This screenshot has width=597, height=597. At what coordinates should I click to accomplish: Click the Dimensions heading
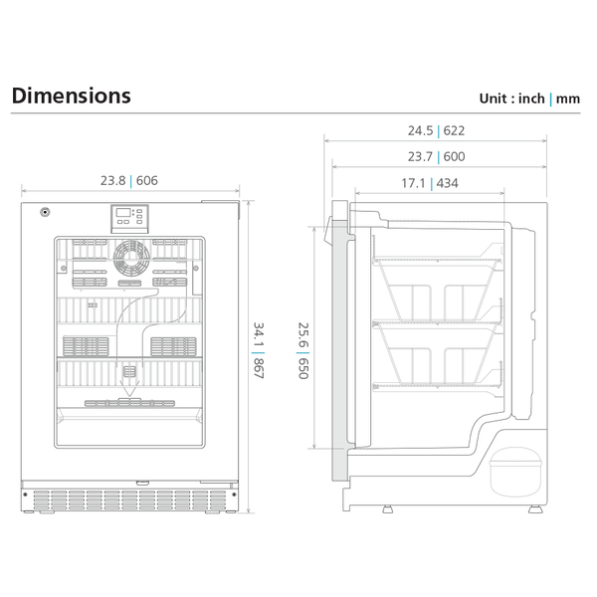pos(71,97)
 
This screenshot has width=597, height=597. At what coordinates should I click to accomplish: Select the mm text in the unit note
pos(568,99)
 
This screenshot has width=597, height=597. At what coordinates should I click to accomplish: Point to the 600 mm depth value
pos(454,156)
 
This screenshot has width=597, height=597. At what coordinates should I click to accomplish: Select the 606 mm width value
pos(147,181)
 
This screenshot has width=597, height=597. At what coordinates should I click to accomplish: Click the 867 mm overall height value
pos(258,367)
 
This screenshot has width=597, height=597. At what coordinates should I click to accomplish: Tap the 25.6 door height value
pos(301,337)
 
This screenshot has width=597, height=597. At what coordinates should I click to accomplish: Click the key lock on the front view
pos(45,212)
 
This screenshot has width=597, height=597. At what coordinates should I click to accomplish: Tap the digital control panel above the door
pos(129,218)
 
